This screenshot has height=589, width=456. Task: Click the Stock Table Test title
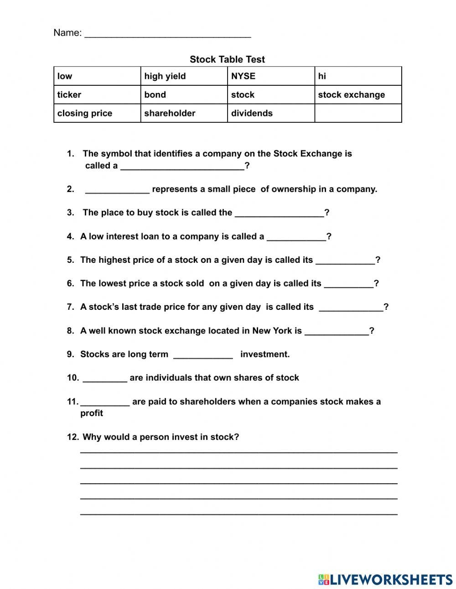tap(227, 59)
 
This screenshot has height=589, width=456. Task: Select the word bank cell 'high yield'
tap(184, 76)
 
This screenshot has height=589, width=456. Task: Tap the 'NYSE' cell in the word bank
tap(271, 76)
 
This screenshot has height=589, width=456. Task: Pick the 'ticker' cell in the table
tap(97, 95)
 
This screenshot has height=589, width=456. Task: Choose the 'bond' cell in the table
tap(184, 95)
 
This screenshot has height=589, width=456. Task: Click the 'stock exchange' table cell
tap(358, 95)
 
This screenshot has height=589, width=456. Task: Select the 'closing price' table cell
tap(97, 113)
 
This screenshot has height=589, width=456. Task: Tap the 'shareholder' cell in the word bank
tap(184, 113)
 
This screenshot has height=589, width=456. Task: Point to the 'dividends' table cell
tap(271, 113)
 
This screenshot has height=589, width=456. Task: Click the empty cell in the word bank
tap(358, 113)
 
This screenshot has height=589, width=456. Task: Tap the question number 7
tap(70, 307)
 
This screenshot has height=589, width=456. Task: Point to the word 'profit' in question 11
tap(92, 413)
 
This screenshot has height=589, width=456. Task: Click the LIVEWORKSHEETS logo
tap(385, 579)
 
